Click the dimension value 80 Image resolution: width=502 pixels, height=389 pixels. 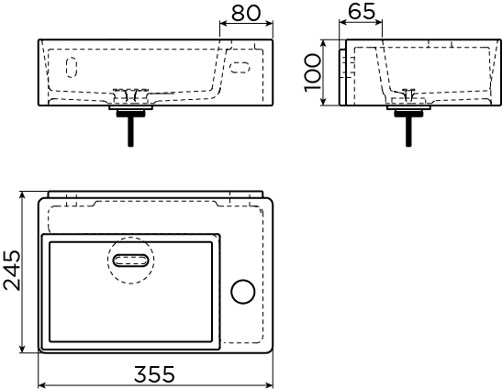point(246,13)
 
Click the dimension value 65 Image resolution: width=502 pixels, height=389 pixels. point(362,12)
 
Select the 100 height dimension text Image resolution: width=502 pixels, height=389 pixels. point(312,72)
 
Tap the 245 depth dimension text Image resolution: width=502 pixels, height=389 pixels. point(12,271)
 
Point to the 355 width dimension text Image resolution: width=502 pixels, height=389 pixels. point(154,374)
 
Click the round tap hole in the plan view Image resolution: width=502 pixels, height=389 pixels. point(243,292)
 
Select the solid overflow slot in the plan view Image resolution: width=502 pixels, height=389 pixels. point(131,261)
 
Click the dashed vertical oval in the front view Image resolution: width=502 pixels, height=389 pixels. point(72,67)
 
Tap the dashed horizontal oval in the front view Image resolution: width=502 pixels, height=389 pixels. point(240,68)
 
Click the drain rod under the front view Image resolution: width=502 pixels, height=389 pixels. point(130,131)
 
